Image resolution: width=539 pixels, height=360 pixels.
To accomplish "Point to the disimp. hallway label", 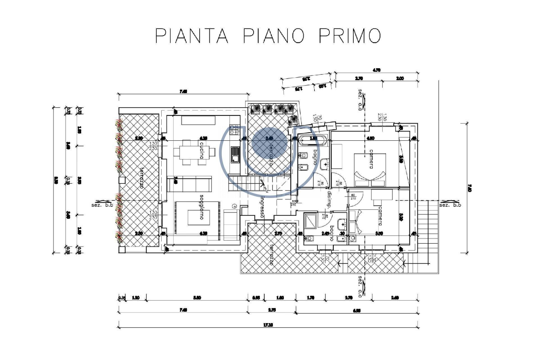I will click(329, 199).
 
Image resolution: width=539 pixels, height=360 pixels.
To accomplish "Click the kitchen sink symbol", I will click(235, 155).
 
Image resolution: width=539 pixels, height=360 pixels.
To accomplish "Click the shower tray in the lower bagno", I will click(311, 221).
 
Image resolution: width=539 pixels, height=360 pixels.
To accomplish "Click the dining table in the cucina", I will click(194, 152).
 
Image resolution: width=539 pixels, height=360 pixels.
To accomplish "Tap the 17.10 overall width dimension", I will click(268, 325).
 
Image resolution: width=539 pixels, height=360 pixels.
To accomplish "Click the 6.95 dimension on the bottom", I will click(357, 310).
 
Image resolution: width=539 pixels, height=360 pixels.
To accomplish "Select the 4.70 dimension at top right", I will click(376, 70).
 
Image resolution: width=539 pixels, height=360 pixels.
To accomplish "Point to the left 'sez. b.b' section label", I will click(102, 205).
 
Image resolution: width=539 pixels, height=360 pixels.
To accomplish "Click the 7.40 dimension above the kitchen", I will click(183, 91).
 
